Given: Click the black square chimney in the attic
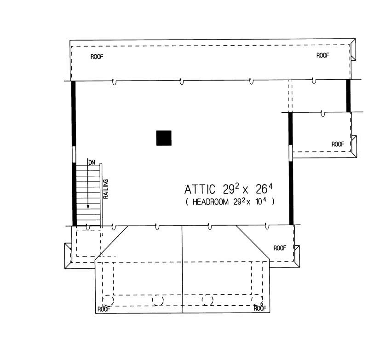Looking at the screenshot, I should [164, 138].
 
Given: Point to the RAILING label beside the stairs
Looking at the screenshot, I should [106, 189].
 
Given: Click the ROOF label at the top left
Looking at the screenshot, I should [97, 57].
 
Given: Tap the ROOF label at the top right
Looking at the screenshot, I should [323, 55].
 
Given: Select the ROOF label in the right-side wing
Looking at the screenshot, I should [338, 144].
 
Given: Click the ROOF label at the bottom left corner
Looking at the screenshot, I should [103, 309].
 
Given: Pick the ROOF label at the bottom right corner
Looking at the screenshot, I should [261, 309].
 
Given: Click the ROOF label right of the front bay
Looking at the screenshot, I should [280, 248].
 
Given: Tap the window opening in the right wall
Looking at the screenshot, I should [290, 152].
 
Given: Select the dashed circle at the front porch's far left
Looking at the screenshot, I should [108, 300].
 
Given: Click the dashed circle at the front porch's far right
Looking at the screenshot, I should [257, 300].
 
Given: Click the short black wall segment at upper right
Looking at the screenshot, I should [348, 95].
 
